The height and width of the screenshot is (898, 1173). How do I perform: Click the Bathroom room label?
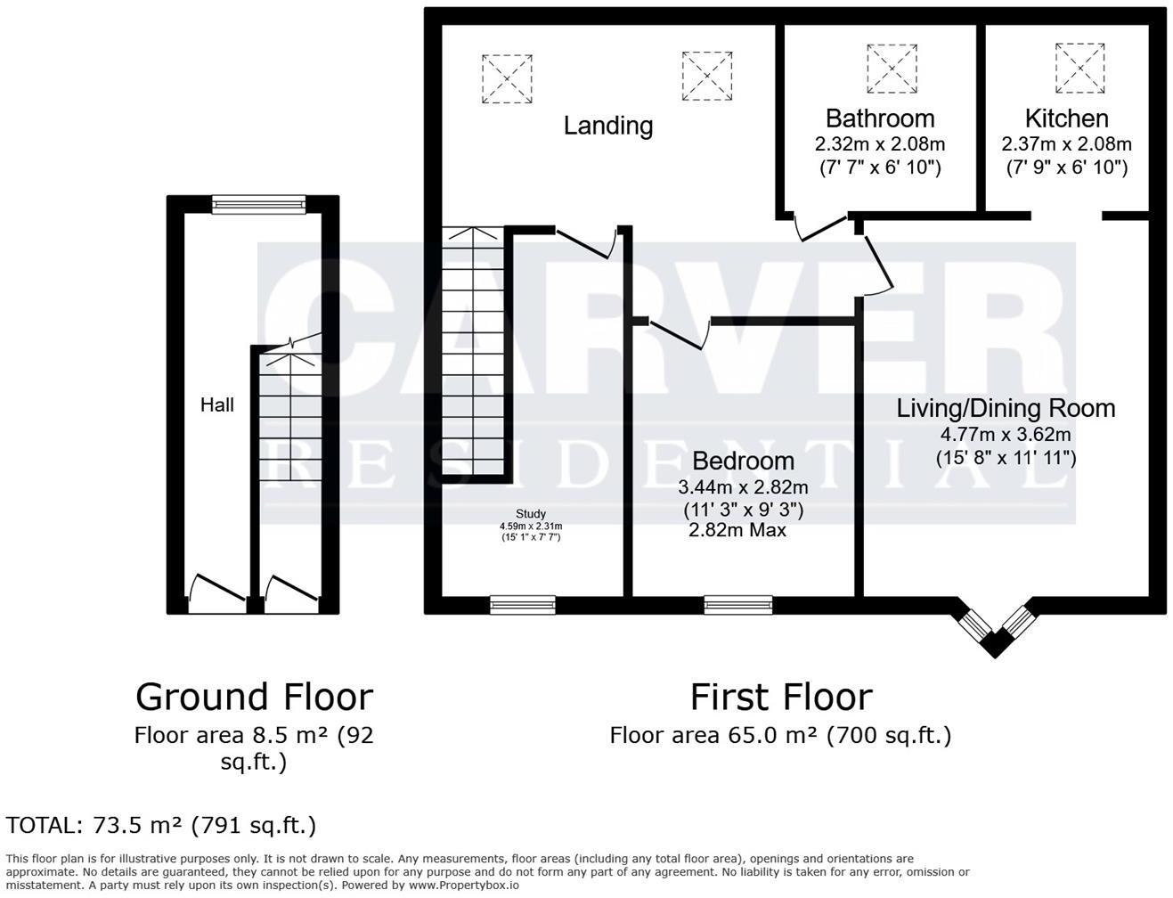tap(880, 118)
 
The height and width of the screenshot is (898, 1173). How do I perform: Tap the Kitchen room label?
tap(1066, 118)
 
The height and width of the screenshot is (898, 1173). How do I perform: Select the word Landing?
tap(608, 126)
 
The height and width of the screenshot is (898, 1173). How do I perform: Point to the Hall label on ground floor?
tap(217, 405)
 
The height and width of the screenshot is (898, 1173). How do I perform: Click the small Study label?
tap(531, 514)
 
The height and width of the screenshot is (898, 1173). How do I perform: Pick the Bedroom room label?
tap(743, 461)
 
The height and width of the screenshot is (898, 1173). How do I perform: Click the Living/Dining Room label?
tap(1006, 409)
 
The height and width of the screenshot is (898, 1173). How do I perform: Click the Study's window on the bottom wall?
tap(523, 605)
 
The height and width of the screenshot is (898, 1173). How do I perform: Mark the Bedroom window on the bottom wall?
tap(738, 605)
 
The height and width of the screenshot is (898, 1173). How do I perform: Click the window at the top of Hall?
tap(258, 204)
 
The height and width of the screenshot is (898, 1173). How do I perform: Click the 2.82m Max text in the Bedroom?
tap(737, 531)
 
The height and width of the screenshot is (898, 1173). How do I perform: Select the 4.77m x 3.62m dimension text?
tap(1006, 435)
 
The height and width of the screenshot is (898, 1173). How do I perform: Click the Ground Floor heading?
tap(254, 697)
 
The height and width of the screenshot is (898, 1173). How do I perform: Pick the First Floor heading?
tap(781, 697)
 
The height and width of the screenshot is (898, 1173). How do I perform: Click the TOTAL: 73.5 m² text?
tap(161, 826)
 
